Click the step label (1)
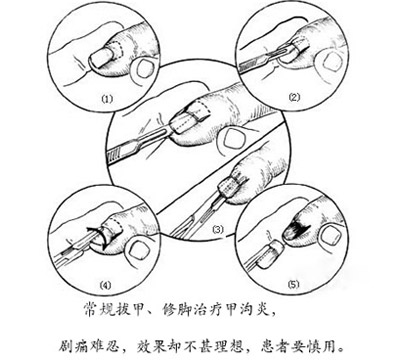click(x=108, y=99)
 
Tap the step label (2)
click(x=294, y=97)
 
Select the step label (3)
click(x=218, y=230)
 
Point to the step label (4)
click(x=105, y=285)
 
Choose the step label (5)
click(x=294, y=284)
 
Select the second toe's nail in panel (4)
click(x=136, y=251)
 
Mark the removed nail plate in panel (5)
click(x=271, y=254)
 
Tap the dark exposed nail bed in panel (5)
click(x=297, y=230)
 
